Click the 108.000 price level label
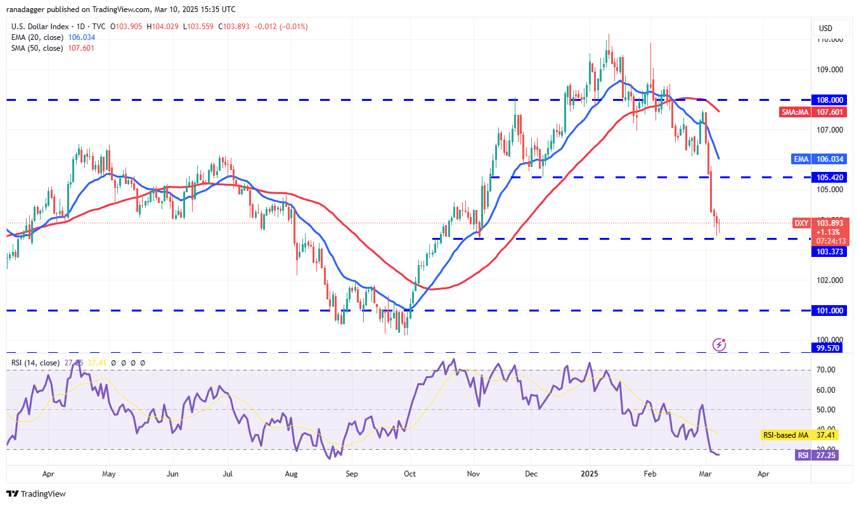[x=829, y=100]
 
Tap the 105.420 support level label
[x=829, y=178]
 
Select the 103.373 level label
[x=829, y=252]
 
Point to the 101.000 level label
[x=829, y=311]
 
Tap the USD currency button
[x=825, y=29]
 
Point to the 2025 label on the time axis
[x=590, y=473]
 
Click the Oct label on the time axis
[x=410, y=473]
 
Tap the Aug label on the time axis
[x=292, y=473]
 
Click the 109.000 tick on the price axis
[x=829, y=70]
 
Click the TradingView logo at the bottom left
[x=36, y=494]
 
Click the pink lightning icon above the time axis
[x=720, y=344]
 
